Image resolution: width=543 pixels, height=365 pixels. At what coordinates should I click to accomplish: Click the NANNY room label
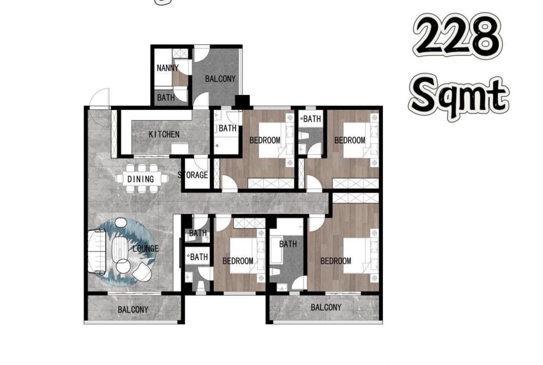pos(168,68)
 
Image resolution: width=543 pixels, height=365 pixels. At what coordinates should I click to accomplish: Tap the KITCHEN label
pos(164,134)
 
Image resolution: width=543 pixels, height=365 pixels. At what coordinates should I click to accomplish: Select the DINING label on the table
pos(141,179)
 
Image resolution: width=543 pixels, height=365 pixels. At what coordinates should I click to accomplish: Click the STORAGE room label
pos(193,175)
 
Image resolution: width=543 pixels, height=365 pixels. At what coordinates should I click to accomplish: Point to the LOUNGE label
pos(146,249)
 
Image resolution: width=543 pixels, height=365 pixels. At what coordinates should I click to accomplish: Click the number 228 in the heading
pos(457,35)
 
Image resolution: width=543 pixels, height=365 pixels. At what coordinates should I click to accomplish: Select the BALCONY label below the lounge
pos(133,310)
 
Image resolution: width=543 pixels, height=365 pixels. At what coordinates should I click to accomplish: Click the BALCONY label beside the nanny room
pos(220,79)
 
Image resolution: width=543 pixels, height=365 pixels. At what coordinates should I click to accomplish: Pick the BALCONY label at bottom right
pos(326,307)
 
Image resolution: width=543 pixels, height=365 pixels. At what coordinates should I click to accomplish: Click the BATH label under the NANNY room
pos(166,98)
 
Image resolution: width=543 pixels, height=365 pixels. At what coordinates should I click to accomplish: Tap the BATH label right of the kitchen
pos(227,128)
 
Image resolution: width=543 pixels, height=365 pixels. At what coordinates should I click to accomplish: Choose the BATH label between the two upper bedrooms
pos(312,119)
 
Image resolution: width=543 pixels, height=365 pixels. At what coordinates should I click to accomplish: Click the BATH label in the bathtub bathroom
pos(288,244)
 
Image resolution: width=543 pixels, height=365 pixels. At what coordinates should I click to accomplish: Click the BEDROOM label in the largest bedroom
pos(336,261)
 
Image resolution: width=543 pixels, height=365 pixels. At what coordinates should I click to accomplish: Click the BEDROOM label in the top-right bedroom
pos(349,140)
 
